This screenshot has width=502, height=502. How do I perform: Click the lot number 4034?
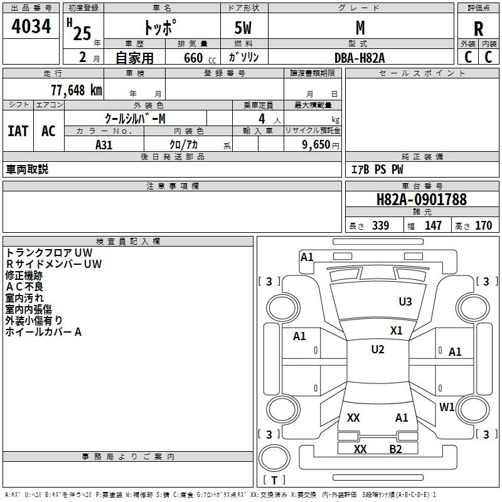pyautogui.click(x=31, y=27)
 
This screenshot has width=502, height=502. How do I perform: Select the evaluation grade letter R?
pyautogui.click(x=479, y=28)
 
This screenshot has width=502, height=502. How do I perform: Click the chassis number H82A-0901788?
pyautogui.click(x=422, y=200)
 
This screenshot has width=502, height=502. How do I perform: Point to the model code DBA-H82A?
pyautogui.click(x=360, y=58)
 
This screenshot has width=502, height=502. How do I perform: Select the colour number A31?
pyautogui.click(x=104, y=144)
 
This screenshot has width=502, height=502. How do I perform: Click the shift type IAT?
pyautogui.click(x=18, y=131)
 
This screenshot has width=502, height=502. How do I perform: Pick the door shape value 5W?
pyautogui.click(x=244, y=28)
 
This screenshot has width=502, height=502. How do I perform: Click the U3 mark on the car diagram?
pyautogui.click(x=405, y=302)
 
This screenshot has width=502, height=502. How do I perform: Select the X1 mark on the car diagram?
pyautogui.click(x=397, y=331)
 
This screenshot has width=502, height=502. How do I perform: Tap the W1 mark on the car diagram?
pyautogui.click(x=447, y=407)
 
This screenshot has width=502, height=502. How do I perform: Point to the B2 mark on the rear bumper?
pyautogui.click(x=395, y=449)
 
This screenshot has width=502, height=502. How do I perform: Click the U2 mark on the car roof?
pyautogui.click(x=378, y=350)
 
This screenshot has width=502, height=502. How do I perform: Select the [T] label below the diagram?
pyautogui.click(x=274, y=480)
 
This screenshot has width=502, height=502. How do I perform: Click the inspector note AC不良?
pyautogui.click(x=24, y=287)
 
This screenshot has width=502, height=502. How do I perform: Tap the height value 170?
pyautogui.click(x=483, y=225)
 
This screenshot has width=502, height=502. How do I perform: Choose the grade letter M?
pyautogui.click(x=360, y=28)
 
